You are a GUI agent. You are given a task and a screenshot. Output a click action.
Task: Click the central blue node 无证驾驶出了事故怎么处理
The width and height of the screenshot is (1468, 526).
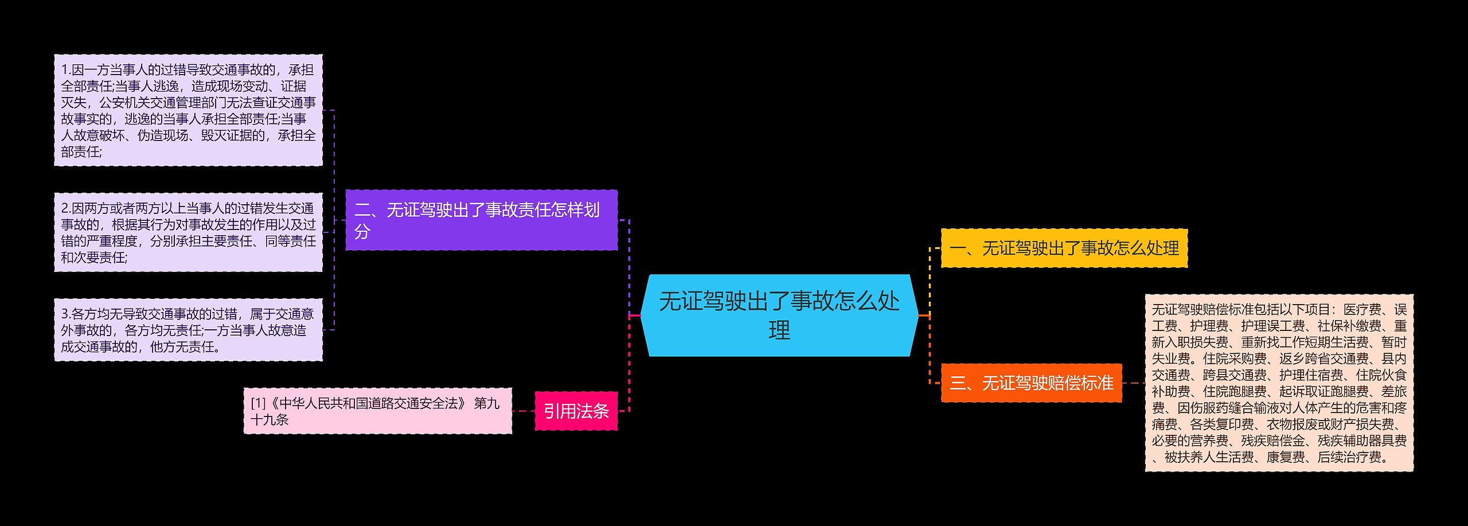779,315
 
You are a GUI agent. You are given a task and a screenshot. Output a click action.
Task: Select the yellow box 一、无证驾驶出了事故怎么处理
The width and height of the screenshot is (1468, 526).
1064,248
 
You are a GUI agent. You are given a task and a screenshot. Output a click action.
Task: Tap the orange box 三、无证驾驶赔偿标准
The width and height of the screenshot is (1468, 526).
1031,383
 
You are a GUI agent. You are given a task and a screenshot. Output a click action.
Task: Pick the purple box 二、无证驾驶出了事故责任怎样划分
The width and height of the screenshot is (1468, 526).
481,220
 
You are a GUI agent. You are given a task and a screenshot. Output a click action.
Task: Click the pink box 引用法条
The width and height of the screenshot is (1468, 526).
576,411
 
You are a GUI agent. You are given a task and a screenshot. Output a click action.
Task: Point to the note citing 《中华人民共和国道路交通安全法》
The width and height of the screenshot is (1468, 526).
377,411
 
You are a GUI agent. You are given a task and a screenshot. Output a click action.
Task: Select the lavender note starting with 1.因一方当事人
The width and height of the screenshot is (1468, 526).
188,110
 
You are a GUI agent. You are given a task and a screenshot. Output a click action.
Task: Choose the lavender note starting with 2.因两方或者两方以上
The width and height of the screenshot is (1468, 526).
188,232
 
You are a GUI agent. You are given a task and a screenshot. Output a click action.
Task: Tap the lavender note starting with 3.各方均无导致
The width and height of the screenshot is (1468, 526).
188,330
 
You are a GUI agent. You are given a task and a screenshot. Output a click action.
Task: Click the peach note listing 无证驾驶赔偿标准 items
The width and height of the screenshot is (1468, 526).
1279,383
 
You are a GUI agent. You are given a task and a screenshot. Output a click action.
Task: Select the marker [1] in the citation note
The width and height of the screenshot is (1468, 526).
258,403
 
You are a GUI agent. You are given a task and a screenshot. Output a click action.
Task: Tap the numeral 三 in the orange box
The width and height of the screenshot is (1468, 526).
957,383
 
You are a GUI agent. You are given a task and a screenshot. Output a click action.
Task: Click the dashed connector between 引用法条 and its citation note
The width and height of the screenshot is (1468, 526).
523,411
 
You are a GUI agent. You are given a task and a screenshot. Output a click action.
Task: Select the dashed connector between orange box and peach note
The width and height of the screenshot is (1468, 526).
1133,383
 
